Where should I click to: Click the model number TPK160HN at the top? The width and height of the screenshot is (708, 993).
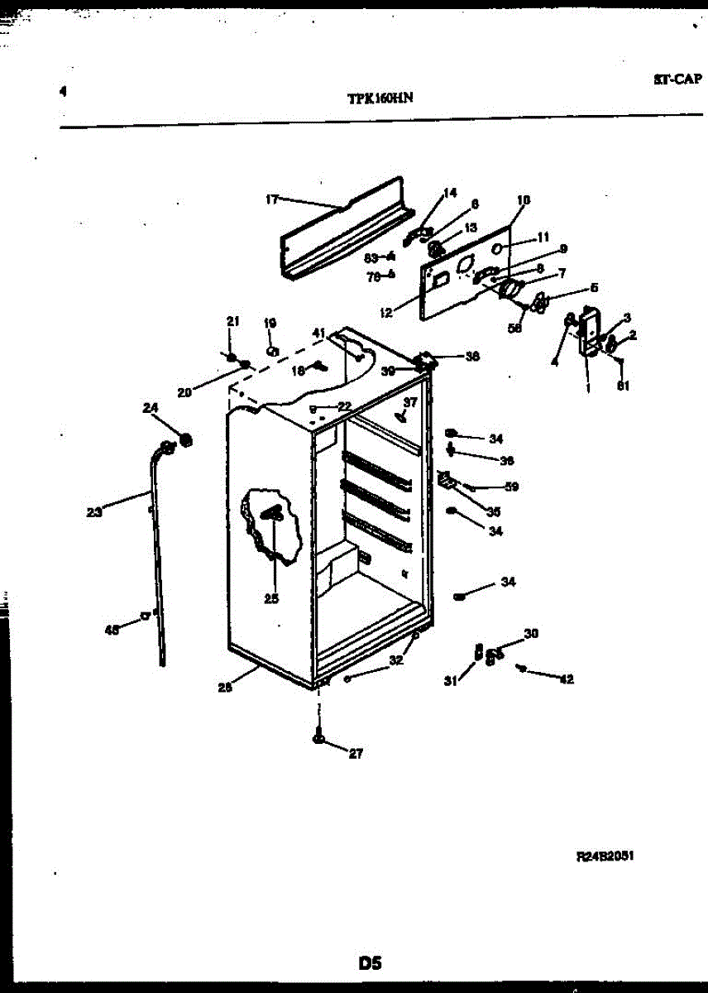(x=380, y=97)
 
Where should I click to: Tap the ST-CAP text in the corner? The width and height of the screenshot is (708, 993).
(x=677, y=80)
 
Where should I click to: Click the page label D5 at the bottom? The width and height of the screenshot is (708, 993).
(x=370, y=962)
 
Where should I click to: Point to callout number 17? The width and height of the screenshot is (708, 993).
(x=272, y=199)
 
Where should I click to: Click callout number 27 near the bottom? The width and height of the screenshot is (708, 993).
(x=356, y=753)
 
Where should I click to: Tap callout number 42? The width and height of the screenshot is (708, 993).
(x=566, y=679)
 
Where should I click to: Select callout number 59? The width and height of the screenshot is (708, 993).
(x=511, y=487)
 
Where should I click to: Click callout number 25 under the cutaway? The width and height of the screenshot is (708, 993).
(x=271, y=599)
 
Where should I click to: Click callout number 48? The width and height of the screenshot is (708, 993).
(x=112, y=630)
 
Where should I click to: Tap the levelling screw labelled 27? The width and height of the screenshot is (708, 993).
(x=318, y=736)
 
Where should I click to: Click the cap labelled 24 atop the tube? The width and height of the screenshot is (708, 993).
(x=185, y=439)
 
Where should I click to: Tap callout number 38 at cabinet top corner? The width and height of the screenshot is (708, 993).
(x=472, y=357)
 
